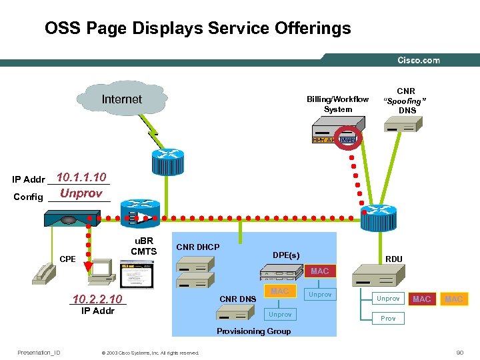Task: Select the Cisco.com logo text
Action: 419,60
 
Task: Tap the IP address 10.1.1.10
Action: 82,177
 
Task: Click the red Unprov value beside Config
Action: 81,193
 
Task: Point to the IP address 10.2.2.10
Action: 97,299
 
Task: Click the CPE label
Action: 67,259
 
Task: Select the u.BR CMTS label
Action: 143,246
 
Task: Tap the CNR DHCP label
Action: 197,247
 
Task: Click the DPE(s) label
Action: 286,255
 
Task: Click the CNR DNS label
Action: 238,299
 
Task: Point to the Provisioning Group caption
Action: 253,331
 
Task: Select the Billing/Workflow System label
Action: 337,104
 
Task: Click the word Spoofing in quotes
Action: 405,101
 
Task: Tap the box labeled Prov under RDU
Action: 388,318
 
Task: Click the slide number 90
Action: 459,352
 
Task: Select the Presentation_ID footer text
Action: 39,352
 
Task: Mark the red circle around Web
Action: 348,139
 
